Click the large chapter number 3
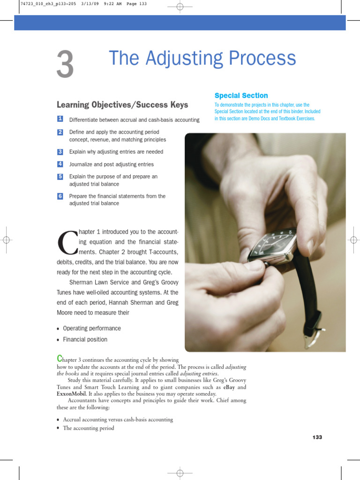65,65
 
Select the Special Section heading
241,96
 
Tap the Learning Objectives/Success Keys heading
122,105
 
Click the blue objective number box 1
60,120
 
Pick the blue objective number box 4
60,164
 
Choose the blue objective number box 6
60,196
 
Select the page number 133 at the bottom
317,437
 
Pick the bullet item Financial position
85,339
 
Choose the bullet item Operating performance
92,328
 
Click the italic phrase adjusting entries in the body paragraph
199,374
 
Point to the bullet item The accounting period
89,428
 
